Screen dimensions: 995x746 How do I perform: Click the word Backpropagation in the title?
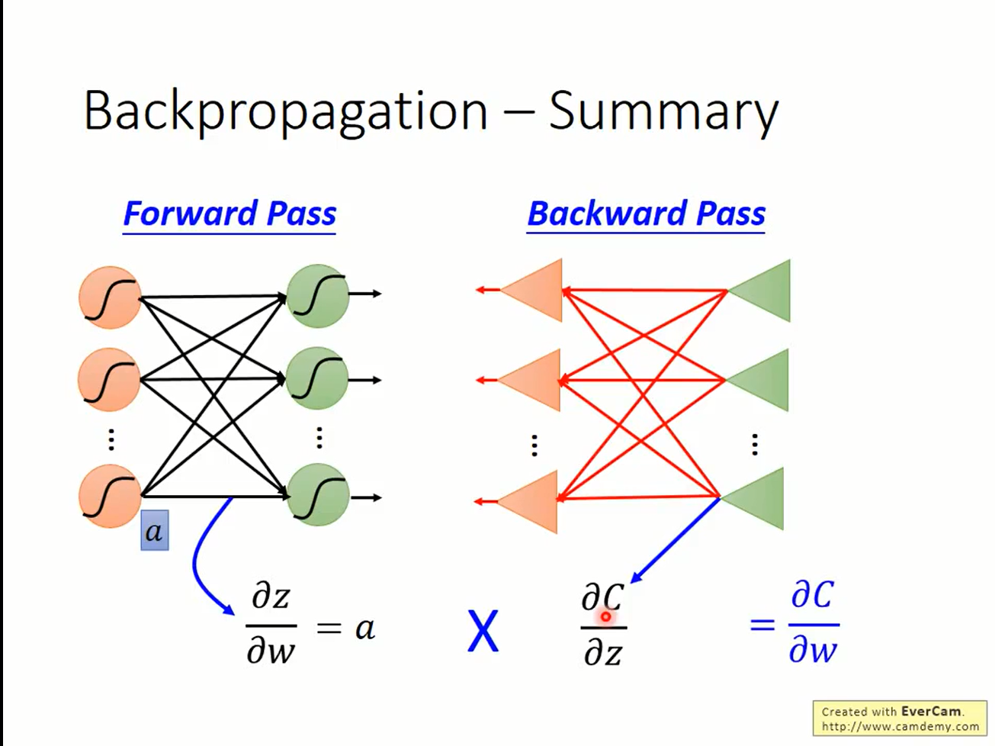tap(286, 112)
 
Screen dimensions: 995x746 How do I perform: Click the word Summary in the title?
tap(663, 112)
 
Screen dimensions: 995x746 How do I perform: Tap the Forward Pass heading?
tap(229, 214)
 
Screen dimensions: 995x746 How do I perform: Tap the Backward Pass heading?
tap(646, 214)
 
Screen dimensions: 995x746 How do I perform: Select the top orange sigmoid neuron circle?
tap(110, 297)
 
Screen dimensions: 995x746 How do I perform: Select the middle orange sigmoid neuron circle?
tap(109, 380)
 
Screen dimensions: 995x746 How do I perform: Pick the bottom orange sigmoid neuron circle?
tap(110, 496)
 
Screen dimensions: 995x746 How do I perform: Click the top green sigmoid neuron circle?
tap(318, 296)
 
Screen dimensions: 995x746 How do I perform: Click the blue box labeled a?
tap(155, 530)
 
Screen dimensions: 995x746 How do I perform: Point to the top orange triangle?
tap(531, 290)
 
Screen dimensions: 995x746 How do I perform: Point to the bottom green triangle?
tap(753, 499)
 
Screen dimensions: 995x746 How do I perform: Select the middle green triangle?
tap(757, 380)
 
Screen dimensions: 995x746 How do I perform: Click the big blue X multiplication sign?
tap(483, 631)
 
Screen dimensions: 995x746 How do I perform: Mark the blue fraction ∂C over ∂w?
tap(814, 622)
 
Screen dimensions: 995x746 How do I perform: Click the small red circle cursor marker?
tap(605, 617)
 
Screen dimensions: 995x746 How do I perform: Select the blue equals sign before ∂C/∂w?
tap(762, 625)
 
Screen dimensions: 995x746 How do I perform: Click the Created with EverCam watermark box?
tap(900, 719)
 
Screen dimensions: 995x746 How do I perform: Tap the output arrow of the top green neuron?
tap(365, 294)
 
